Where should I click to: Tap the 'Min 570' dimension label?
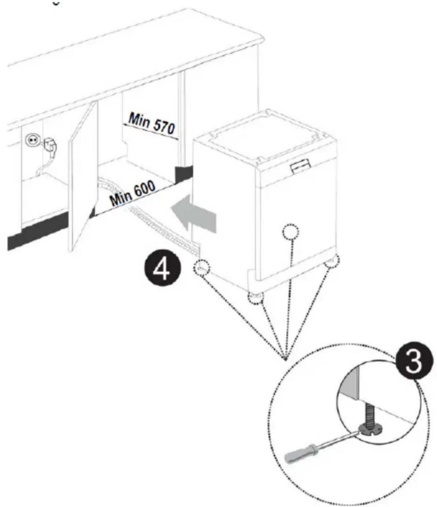coord(151,124)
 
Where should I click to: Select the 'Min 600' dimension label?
coord(132,194)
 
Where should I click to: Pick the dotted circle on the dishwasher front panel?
coord(291,232)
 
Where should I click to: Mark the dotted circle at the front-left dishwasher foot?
coord(255,298)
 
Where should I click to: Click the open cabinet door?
coord(83,179)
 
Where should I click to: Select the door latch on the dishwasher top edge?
coord(300,168)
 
